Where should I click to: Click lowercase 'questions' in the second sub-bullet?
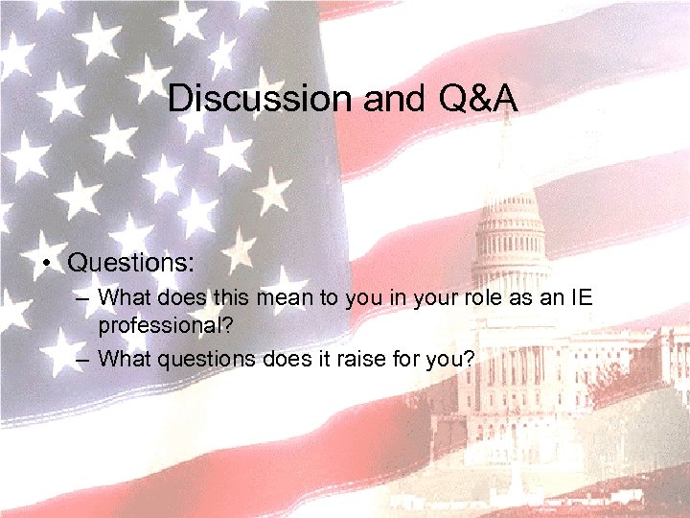[x=194, y=360]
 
